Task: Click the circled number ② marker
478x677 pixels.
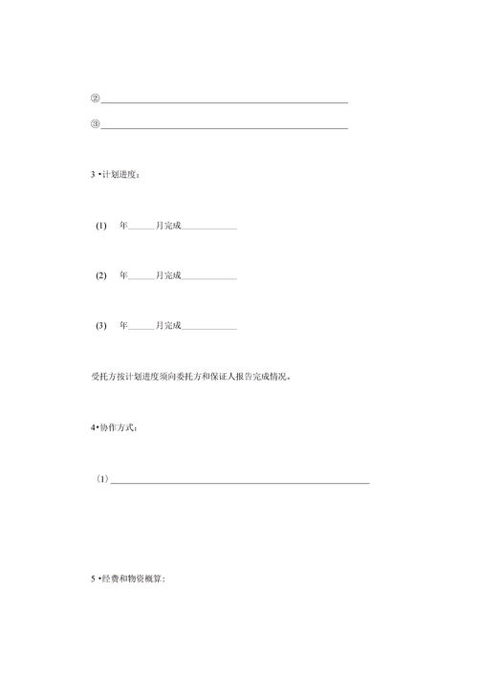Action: pos(95,98)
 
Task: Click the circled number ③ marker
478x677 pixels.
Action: pos(95,124)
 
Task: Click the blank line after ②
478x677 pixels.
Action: pos(224,100)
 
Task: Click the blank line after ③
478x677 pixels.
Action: pos(224,126)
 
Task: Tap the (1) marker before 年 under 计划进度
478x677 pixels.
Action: pos(101,226)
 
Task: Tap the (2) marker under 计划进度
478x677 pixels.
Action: pos(101,275)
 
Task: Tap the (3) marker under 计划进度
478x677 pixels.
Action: pos(101,326)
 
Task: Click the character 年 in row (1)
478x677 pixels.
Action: pos(123,226)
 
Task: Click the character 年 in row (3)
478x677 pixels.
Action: pos(123,326)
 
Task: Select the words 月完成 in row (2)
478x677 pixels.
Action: pos(168,275)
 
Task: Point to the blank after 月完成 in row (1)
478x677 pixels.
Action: pos(209,228)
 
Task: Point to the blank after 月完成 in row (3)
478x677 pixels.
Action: pos(209,328)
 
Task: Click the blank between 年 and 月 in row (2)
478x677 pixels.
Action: pos(141,277)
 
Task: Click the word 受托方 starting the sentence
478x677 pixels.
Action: pos(103,377)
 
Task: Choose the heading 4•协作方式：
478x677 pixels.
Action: pos(115,427)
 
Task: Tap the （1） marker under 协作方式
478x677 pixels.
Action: pos(102,479)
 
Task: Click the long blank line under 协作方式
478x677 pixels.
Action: pos(240,482)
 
